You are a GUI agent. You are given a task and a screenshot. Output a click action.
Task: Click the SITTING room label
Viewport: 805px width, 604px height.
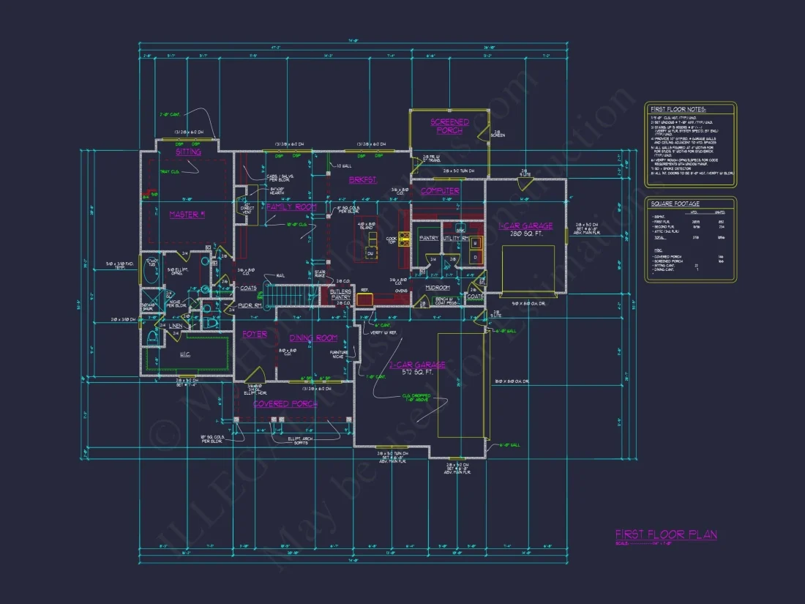(188, 152)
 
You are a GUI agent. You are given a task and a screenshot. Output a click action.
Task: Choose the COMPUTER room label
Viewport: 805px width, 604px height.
(440, 191)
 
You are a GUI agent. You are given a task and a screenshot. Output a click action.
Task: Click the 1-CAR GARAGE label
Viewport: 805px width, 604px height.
(525, 226)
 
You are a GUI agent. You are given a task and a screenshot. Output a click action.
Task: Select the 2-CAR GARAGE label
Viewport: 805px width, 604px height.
(417, 365)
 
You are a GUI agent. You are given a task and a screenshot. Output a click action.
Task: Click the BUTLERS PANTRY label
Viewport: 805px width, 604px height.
(342, 294)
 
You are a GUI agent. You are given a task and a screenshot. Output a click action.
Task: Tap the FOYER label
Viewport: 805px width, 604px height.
(255, 335)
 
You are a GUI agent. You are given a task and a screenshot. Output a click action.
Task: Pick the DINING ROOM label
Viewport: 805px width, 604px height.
(313, 338)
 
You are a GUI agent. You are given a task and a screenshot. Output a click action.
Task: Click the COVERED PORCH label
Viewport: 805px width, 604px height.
(285, 403)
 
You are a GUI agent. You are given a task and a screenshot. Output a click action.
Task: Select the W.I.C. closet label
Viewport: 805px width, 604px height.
(184, 355)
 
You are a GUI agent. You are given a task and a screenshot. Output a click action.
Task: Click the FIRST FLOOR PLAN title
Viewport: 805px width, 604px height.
(665, 534)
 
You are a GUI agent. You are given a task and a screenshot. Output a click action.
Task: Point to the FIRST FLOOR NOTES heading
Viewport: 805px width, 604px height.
(678, 109)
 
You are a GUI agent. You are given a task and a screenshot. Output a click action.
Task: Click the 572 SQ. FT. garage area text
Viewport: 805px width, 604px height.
(417, 373)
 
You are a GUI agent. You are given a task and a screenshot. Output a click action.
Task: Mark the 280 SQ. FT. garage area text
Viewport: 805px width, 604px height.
(525, 235)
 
